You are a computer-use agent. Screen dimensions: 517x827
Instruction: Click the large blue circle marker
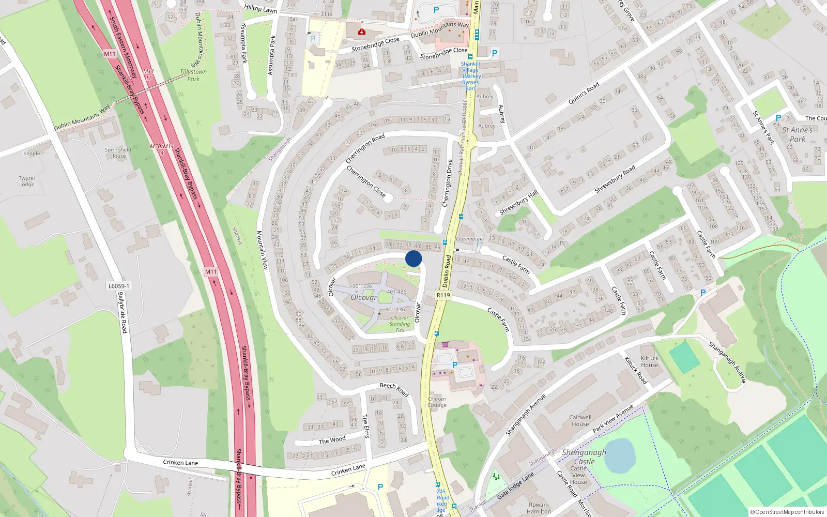pos(413,258)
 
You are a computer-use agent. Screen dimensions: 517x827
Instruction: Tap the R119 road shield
pos(443,295)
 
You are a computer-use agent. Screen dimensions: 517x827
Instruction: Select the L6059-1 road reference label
pos(119,286)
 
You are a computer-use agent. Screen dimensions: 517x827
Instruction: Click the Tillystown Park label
pos(193,75)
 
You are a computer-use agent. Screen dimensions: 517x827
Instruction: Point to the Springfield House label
pos(118,153)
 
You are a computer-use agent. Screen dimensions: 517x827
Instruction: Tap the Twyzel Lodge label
pos(27,181)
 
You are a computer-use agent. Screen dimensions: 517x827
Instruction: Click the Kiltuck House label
pos(650,361)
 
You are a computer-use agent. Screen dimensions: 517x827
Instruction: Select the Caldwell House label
pos(580,420)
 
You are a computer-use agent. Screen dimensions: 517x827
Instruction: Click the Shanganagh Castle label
pos(584,457)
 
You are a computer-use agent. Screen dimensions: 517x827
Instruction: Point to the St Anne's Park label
pos(797,134)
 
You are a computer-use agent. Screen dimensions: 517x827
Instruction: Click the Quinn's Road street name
pos(584,93)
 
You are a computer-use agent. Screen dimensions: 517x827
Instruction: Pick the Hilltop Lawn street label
pos(261,9)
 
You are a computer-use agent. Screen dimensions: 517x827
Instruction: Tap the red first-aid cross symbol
pos(362,32)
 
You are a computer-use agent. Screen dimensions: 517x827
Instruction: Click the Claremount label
pos(469,239)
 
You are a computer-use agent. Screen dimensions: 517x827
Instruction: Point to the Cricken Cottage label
pos(437,402)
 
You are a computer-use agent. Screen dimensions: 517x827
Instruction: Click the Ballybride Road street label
pos(122,312)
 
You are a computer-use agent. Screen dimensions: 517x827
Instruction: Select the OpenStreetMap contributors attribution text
pos(787,512)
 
